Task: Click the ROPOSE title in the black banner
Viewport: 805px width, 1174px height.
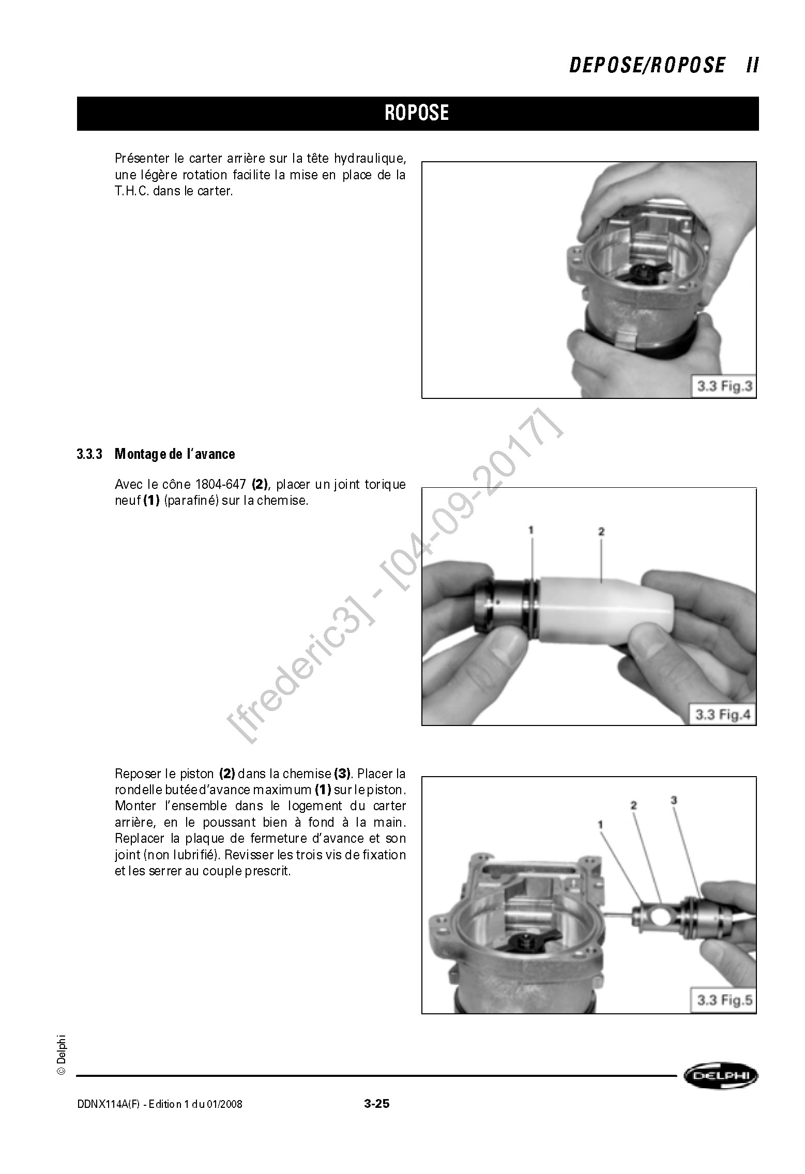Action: click(x=417, y=113)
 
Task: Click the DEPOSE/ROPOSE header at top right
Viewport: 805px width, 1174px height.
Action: click(x=647, y=66)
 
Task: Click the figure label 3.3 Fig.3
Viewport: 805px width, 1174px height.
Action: click(x=724, y=386)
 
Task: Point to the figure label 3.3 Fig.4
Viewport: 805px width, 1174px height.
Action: click(x=722, y=715)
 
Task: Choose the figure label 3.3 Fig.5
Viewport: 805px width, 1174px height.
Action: click(x=724, y=1000)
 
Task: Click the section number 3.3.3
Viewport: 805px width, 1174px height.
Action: click(x=90, y=454)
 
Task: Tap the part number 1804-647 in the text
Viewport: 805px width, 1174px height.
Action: click(x=221, y=485)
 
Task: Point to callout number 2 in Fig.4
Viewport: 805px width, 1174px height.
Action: click(x=601, y=532)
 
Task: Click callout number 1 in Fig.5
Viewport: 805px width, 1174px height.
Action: click(x=600, y=825)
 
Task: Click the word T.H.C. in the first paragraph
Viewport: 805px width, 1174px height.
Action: click(x=132, y=191)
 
